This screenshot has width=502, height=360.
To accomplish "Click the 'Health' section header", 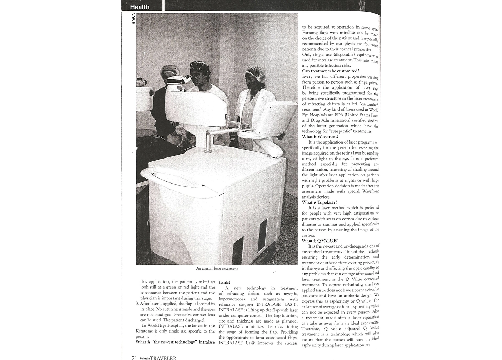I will (140, 7).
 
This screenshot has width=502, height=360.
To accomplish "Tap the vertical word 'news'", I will (133, 19).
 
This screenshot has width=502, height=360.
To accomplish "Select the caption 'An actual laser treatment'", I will (217, 269).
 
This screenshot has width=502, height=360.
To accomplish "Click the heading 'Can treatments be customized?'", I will (331, 71).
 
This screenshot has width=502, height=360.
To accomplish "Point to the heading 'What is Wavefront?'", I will (320, 137).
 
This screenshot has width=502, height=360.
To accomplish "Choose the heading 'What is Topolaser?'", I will (320, 202).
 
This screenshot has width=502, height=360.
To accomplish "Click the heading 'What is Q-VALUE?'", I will (320, 241).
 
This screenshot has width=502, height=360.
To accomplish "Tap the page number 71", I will (134, 357).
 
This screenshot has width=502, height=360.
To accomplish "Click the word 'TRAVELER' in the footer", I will (163, 357).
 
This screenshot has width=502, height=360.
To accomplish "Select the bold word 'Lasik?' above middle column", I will (224, 282).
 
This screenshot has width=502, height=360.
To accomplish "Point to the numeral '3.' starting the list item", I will (137, 304).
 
